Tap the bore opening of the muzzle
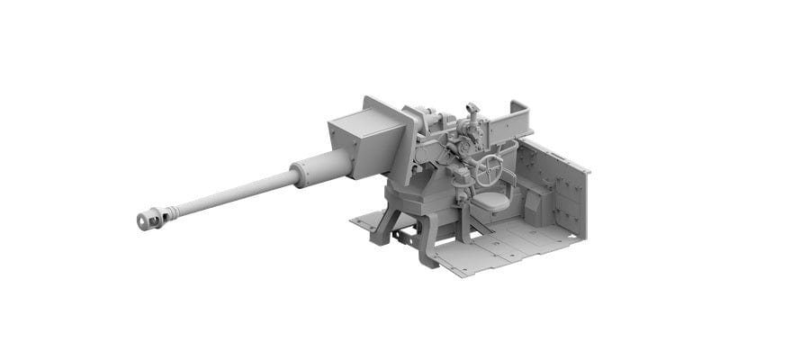click(141, 221)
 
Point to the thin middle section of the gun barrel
click(234, 194)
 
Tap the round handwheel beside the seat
click(490, 169)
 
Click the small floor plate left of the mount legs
click(365, 221)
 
